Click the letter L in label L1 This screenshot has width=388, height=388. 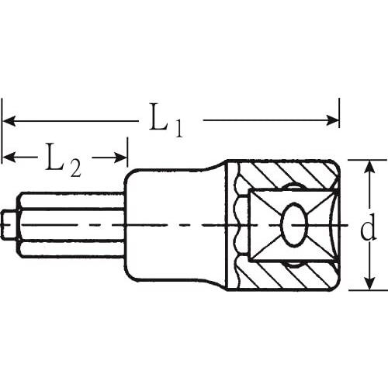[158, 116]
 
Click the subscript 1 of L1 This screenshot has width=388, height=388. [178, 129]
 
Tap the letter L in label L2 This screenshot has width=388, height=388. [55, 157]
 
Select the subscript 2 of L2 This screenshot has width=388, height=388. [75, 168]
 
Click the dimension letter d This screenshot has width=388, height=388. [368, 227]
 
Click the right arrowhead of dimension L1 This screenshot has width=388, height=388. [332, 120]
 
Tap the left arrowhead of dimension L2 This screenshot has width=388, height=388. [9, 158]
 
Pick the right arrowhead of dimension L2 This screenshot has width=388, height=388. [120, 158]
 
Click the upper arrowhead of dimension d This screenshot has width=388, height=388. [370, 167]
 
